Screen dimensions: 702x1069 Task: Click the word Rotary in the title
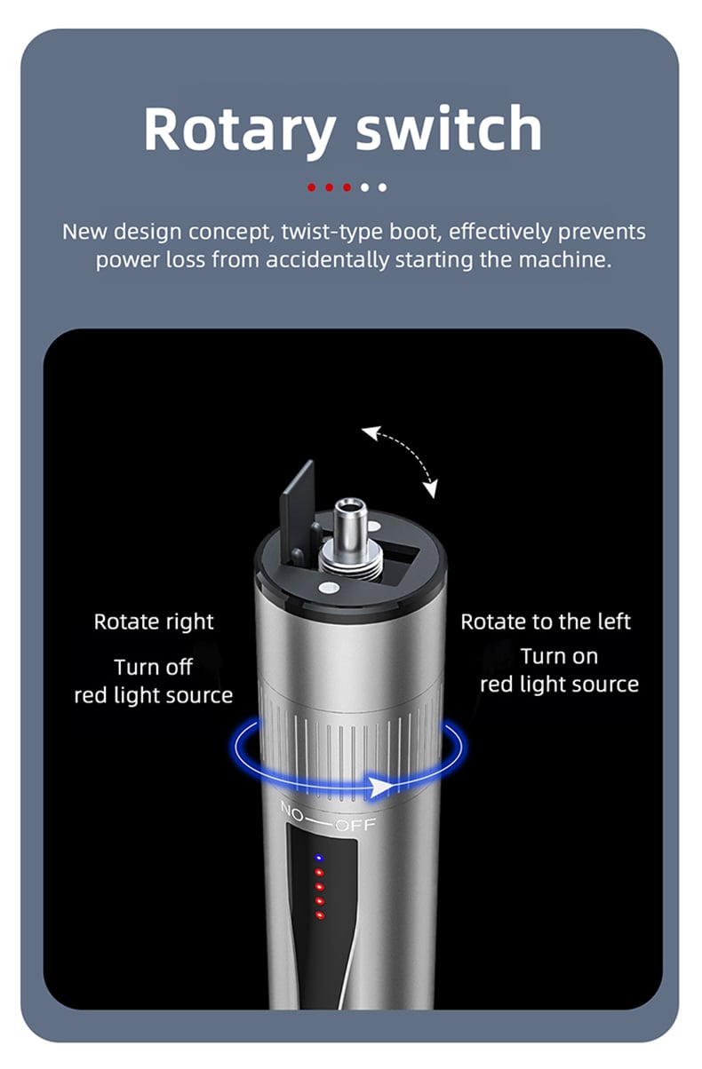[239, 130]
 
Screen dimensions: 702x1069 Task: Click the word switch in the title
[449, 128]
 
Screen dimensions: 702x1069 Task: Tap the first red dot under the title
[311, 187]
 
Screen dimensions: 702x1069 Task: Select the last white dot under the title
[382, 187]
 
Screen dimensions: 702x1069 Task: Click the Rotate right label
[154, 622]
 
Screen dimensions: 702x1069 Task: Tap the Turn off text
[154, 667]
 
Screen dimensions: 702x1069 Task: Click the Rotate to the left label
[546, 622]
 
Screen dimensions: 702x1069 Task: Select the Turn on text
[559, 657]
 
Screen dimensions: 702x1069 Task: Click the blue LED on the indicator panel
[319, 858]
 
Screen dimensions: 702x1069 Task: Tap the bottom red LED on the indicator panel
[320, 915]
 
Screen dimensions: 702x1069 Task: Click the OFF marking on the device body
[355, 825]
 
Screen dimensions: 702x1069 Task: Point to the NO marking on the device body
[292, 811]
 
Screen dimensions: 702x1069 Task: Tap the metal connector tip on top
[351, 521]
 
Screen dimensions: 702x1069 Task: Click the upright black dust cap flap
[297, 507]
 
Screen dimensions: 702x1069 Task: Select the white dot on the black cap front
[329, 588]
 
